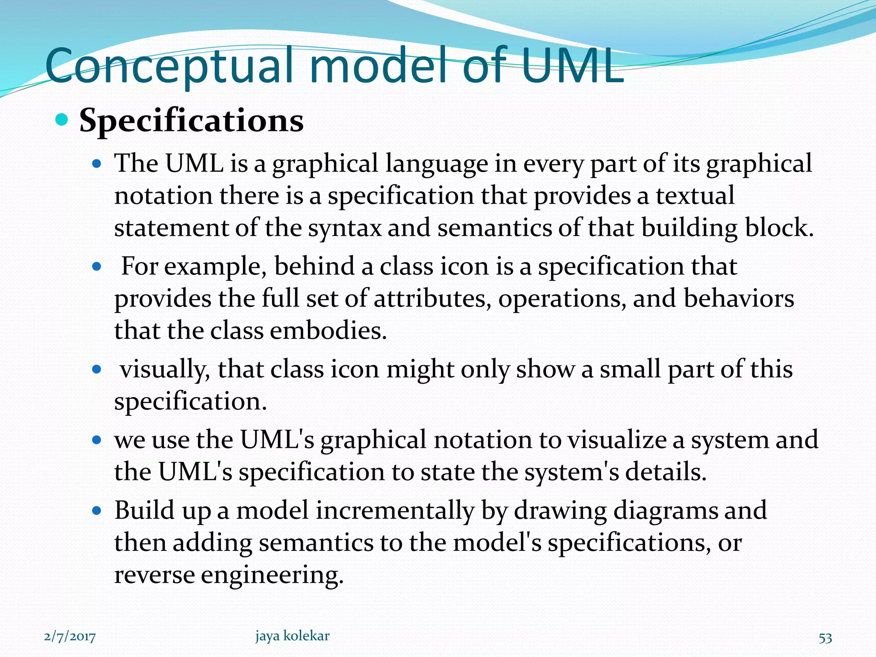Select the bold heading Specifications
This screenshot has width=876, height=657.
coord(191,121)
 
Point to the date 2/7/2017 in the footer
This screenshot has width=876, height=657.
coord(70,637)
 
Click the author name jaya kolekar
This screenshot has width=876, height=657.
coord(293,636)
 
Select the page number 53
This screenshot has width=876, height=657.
coord(825,637)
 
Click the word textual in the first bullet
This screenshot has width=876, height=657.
coord(695,195)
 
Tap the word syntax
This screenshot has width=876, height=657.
coord(345,228)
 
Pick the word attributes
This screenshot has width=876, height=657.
coord(432,298)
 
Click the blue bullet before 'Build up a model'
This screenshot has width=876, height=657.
coord(97,510)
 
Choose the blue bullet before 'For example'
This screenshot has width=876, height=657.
coord(97,267)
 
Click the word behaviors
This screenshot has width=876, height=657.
coord(739,298)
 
